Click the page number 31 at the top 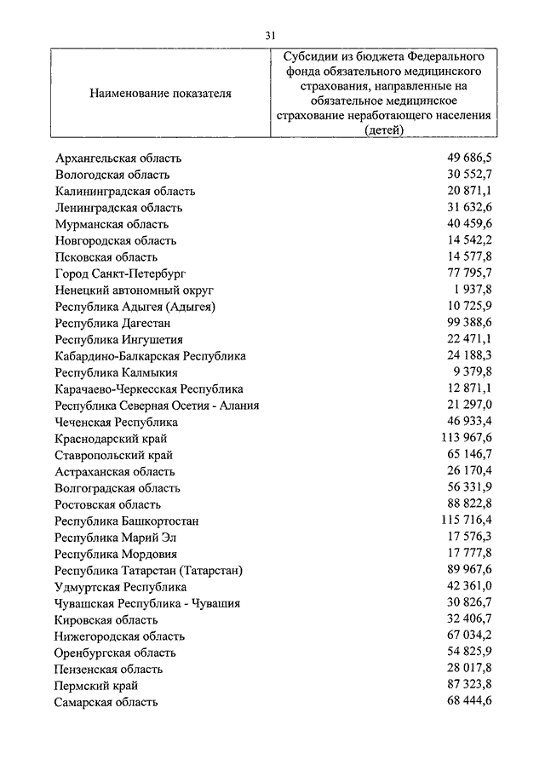click(x=271, y=35)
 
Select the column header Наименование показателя click(x=160, y=94)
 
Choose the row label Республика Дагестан click(x=112, y=323)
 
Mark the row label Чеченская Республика click(x=116, y=422)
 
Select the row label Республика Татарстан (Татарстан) click(x=149, y=570)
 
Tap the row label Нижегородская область click(x=119, y=636)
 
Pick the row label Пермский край click(x=95, y=686)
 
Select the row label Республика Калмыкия click(x=116, y=372)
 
